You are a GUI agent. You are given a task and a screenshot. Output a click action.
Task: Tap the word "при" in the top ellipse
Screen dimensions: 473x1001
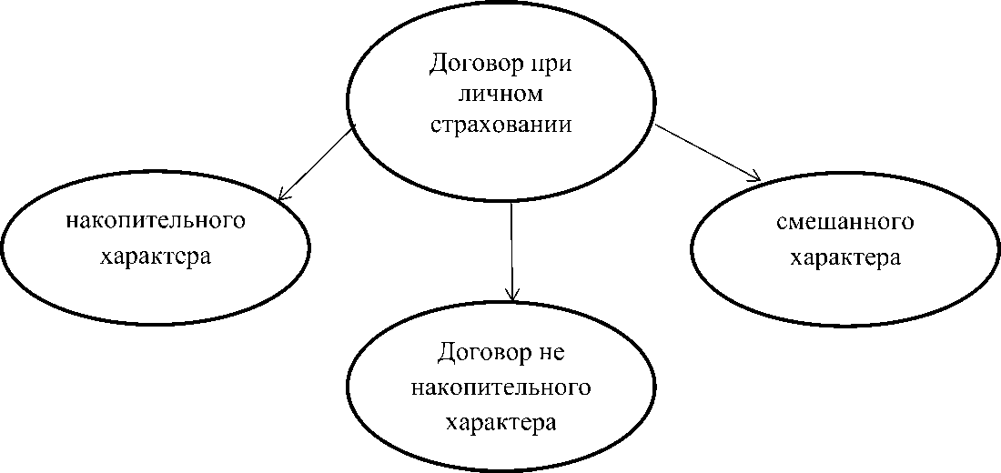click(x=556, y=66)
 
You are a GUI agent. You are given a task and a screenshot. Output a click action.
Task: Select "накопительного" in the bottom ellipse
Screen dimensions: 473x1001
click(x=501, y=387)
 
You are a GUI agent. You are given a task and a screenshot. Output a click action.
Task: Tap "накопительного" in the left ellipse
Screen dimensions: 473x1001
click(x=157, y=221)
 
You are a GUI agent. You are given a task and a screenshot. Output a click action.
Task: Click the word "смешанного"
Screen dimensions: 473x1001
click(x=845, y=223)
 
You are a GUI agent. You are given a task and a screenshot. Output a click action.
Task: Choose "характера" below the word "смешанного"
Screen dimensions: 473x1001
click(x=844, y=257)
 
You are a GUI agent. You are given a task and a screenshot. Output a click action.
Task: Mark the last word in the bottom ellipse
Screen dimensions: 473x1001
click(x=501, y=423)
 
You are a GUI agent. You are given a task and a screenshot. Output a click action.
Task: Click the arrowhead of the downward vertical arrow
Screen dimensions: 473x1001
click(x=512, y=295)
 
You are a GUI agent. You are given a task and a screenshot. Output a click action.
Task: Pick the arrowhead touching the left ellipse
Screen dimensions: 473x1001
click(x=282, y=195)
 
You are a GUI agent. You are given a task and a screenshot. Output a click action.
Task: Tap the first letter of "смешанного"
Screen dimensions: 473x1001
click(x=783, y=224)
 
